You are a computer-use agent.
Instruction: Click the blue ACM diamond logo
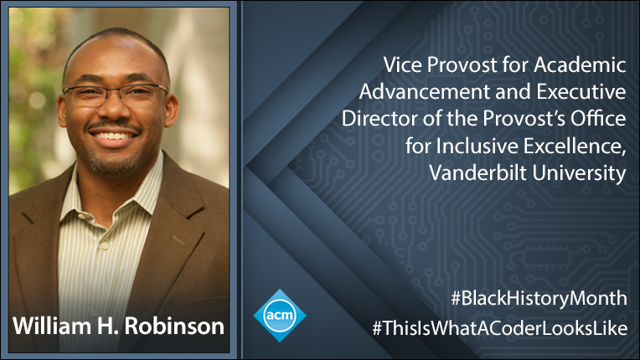point(280,315)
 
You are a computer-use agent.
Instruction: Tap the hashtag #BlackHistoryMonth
point(539,298)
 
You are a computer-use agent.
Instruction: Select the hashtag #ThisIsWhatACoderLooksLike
point(499,328)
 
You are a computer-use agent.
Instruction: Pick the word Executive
point(581,92)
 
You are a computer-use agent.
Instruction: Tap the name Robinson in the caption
point(174,327)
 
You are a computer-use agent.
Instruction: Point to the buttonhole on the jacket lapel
point(178,240)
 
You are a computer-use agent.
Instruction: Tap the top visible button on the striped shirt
point(105,245)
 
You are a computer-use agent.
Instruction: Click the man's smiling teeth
point(112,136)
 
